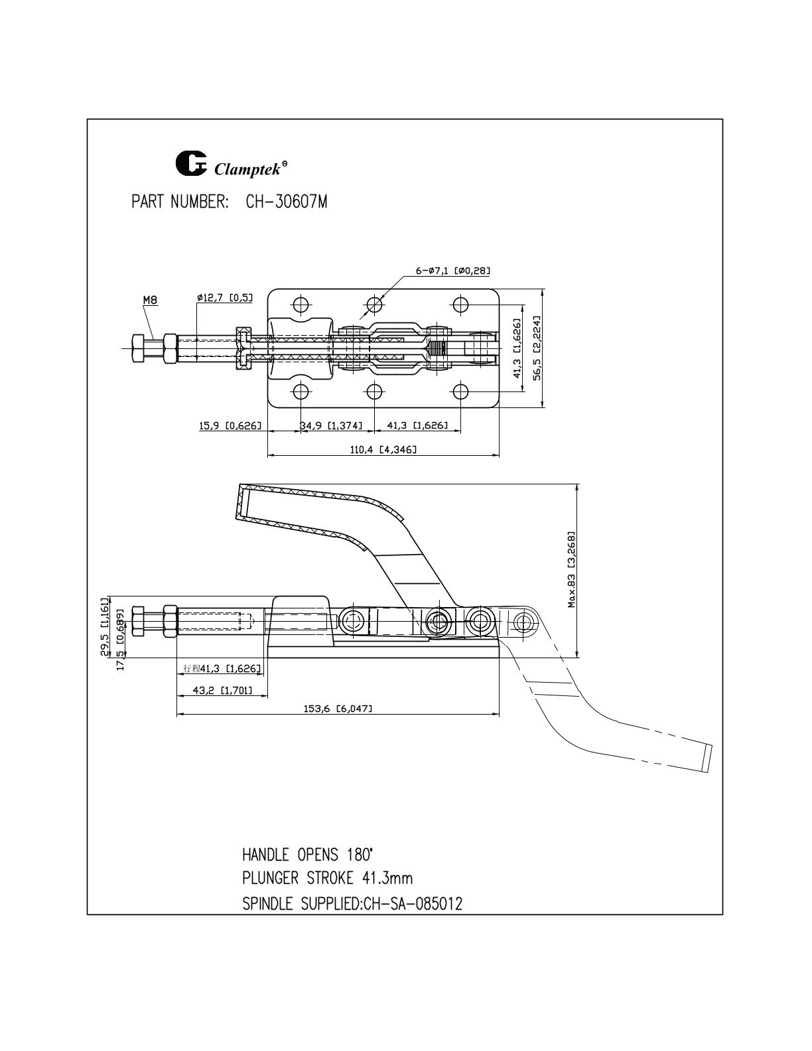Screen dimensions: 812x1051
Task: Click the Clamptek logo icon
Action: tap(190, 163)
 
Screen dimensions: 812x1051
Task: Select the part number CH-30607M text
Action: tap(287, 202)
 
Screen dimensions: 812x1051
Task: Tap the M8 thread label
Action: tap(151, 301)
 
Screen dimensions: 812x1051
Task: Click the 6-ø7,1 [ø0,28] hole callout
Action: tap(453, 271)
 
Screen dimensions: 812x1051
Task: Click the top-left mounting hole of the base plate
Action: tap(301, 305)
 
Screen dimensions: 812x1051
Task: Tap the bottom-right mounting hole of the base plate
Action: tap(461, 390)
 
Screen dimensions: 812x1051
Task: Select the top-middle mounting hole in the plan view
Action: tap(374, 305)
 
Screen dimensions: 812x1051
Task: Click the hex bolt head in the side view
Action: tap(138, 621)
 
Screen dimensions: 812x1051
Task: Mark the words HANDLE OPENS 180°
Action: tap(308, 855)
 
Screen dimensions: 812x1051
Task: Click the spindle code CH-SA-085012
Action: tap(413, 904)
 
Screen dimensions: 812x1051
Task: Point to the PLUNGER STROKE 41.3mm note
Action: tap(328, 878)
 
